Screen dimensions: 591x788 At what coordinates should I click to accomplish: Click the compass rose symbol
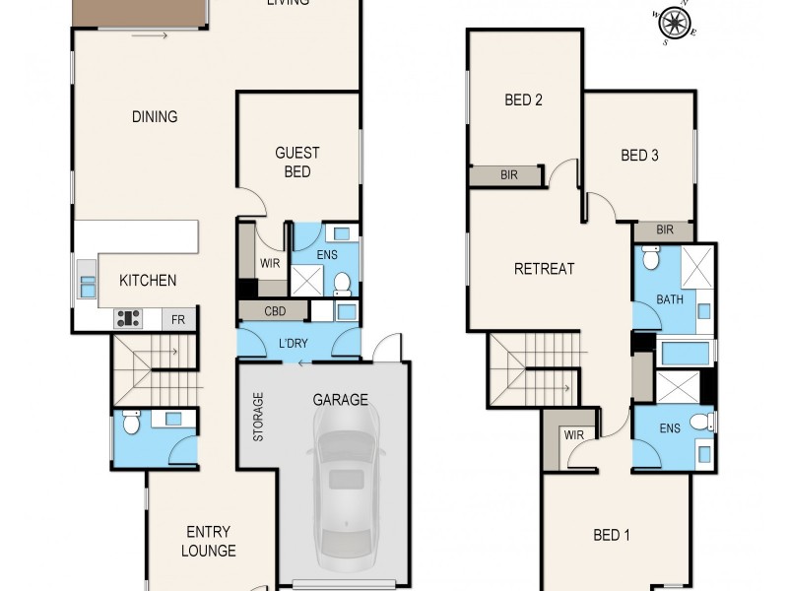click(x=673, y=23)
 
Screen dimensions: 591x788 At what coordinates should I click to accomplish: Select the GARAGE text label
click(x=340, y=400)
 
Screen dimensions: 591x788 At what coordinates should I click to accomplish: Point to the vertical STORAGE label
click(x=259, y=417)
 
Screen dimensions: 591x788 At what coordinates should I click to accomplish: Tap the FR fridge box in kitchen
click(x=178, y=319)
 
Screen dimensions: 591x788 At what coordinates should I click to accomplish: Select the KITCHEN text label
click(x=148, y=281)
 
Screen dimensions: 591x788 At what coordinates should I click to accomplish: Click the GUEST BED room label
click(x=296, y=163)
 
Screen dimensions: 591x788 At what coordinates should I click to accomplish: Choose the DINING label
click(x=155, y=116)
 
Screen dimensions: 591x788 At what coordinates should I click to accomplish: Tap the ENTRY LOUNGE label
click(x=208, y=542)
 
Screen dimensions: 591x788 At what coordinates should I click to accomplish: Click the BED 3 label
click(x=639, y=155)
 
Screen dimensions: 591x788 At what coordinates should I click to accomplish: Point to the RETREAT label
click(x=544, y=268)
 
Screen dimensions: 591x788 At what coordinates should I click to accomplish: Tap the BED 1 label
click(x=611, y=535)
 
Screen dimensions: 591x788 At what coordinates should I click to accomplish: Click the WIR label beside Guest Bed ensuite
click(x=270, y=264)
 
